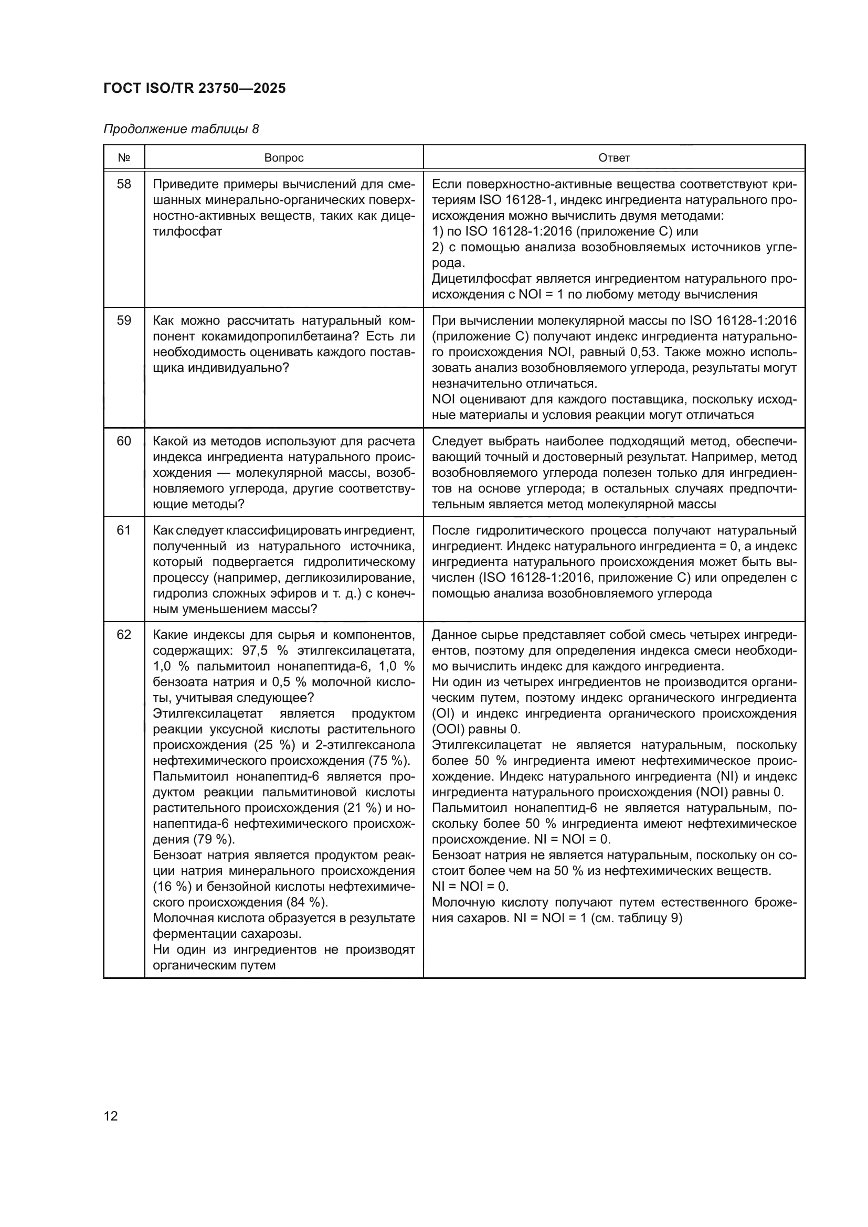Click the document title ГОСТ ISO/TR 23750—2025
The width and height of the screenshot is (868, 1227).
click(x=195, y=89)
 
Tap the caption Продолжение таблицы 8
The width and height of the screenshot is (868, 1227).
click(x=181, y=130)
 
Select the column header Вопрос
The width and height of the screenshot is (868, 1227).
click(x=284, y=158)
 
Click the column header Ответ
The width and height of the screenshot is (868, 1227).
click(x=613, y=158)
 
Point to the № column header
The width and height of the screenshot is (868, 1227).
click(x=123, y=158)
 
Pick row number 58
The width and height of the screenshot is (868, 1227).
click(x=123, y=184)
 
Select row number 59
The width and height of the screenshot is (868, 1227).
click(x=123, y=321)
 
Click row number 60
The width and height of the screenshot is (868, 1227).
click(x=123, y=441)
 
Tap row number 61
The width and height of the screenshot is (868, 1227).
click(x=123, y=530)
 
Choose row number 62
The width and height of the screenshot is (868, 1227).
click(x=123, y=635)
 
